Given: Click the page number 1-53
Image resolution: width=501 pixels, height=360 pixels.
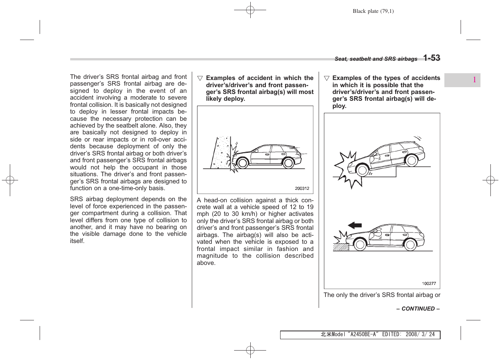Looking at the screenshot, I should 431,58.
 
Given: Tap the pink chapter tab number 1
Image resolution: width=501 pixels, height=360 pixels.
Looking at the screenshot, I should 474,80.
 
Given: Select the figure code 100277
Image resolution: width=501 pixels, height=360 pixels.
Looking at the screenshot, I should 429,284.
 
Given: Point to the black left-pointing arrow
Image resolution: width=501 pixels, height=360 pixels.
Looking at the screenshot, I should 355,226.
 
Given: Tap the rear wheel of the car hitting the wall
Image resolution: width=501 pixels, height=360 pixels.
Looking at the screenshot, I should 288,163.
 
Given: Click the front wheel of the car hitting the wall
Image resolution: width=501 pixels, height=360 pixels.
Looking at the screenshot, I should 242,163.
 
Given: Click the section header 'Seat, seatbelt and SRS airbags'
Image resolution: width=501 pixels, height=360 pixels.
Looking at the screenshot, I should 376,59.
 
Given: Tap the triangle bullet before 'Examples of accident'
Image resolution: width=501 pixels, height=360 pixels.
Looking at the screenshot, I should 200,78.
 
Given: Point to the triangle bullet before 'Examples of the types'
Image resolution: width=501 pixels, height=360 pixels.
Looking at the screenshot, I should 327,78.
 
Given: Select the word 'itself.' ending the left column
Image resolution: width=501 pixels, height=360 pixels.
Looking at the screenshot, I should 77,241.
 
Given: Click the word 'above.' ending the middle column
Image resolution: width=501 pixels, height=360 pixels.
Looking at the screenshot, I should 206,263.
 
